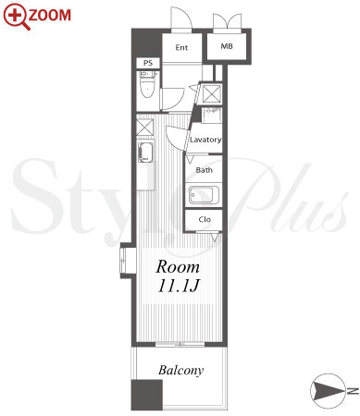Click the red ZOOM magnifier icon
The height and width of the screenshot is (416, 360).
coord(17,17)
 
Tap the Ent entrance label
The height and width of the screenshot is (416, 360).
coord(181,47)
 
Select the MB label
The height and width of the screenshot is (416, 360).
coord(227,46)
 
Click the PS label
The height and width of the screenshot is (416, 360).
coord(148,63)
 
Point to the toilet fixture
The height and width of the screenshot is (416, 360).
coord(148,84)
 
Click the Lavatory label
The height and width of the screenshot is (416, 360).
coord(205,140)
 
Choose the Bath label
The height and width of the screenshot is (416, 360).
coord(204,170)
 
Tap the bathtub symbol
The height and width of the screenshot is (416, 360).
coord(204,195)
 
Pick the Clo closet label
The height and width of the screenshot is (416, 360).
coord(205,219)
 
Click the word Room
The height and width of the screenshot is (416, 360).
coord(178,267)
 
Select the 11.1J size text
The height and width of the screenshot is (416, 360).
coord(179,286)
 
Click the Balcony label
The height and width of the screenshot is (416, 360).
coord(181,370)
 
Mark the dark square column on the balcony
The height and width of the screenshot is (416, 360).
coord(147,395)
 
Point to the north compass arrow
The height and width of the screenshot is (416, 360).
coord(328,391)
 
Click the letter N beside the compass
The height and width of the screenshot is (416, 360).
coord(353,391)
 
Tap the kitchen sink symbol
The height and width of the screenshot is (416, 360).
coord(145,153)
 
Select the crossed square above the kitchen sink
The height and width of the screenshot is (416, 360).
coord(145,127)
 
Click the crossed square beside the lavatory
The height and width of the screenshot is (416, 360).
coord(212,93)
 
